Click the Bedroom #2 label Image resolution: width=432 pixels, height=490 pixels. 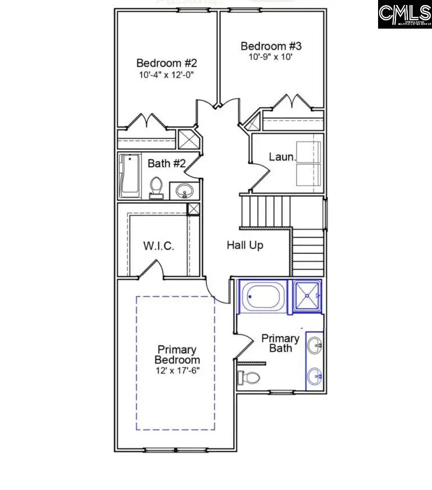167,63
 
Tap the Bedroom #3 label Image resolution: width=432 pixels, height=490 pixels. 271,46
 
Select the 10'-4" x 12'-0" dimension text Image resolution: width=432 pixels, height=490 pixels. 167,74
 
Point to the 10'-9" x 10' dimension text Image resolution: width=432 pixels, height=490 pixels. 271,57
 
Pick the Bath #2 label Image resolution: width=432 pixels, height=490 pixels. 167,163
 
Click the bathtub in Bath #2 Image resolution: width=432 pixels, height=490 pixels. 130,176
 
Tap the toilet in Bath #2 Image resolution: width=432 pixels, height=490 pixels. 157,187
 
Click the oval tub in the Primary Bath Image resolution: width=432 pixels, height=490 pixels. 262,296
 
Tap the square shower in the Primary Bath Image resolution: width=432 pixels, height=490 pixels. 306,296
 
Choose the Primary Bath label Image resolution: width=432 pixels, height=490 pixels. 280,343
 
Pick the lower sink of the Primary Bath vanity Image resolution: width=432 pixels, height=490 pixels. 315,374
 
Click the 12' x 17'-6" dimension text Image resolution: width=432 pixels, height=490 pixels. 177,371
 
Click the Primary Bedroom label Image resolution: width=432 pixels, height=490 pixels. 177,355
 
